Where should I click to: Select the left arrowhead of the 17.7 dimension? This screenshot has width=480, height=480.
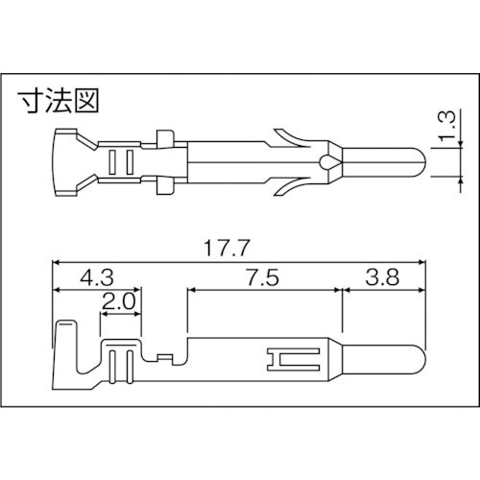[x=57, y=260]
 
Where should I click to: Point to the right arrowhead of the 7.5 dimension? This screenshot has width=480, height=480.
[x=339, y=288]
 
